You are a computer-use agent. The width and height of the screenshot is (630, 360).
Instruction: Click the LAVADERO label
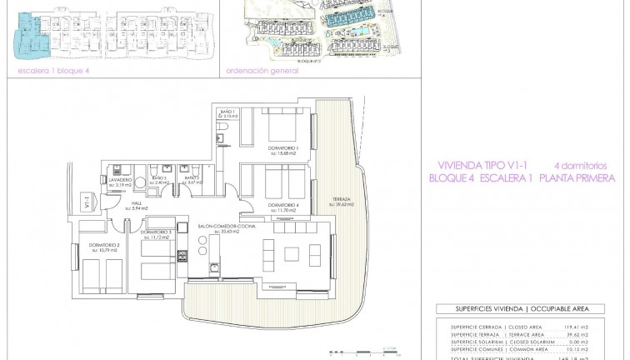[x=119, y=177]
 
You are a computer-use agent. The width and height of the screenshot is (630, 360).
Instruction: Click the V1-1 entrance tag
[x=87, y=201]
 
